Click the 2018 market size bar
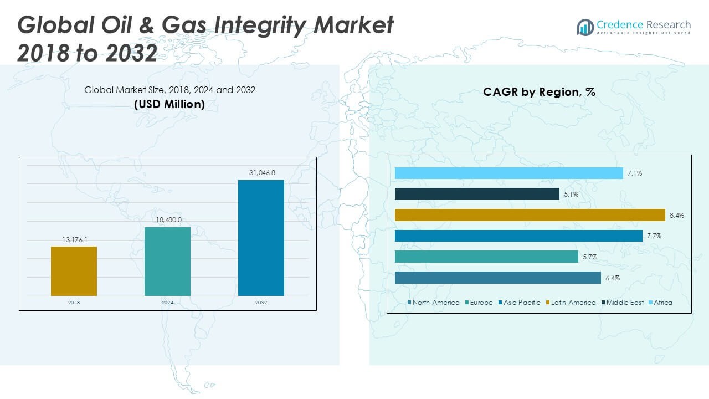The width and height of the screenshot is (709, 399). click(x=74, y=271)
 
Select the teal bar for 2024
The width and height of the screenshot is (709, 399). click(x=167, y=262)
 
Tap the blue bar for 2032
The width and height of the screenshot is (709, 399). click(x=261, y=238)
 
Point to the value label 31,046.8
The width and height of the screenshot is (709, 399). click(x=262, y=173)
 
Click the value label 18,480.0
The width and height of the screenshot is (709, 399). click(x=168, y=221)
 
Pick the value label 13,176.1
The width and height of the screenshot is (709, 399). click(x=74, y=240)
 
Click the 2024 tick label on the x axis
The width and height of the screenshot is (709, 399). click(x=167, y=303)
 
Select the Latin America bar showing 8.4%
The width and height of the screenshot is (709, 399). click(x=530, y=215)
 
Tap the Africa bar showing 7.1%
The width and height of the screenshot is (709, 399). click(x=508, y=173)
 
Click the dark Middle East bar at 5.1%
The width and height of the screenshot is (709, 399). click(x=477, y=194)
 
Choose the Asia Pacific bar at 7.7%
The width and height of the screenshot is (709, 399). click(x=518, y=236)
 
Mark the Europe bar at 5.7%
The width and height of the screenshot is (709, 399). click(x=486, y=257)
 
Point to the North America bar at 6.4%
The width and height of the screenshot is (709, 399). click(x=497, y=278)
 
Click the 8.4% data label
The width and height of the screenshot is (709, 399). click(x=676, y=215)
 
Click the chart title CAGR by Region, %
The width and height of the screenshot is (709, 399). click(x=539, y=92)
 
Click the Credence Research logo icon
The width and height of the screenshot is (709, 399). click(x=585, y=27)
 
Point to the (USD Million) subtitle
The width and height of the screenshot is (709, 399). click(x=169, y=104)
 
